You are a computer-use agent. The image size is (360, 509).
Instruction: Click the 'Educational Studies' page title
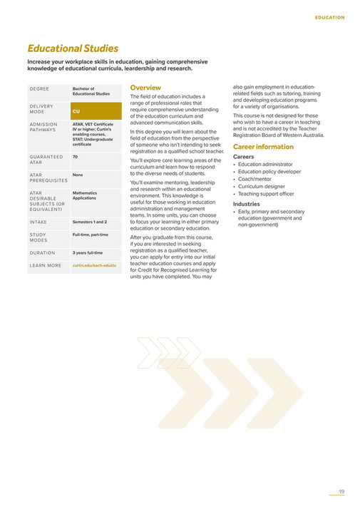click(73, 48)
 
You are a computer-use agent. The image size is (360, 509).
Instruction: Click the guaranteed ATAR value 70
click(75, 155)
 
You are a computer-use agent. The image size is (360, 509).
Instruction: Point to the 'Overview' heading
click(145, 87)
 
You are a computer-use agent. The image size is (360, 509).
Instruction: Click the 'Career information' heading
click(264, 147)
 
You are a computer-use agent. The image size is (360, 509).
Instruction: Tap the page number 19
click(341, 491)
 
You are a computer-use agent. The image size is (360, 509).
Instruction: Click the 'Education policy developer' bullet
click(269, 172)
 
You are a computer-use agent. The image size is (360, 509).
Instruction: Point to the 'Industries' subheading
click(247, 204)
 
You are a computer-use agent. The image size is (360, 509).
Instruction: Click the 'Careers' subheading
click(244, 156)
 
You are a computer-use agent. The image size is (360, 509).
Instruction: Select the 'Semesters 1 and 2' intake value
click(90, 222)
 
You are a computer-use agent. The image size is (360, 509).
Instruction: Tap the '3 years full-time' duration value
click(88, 252)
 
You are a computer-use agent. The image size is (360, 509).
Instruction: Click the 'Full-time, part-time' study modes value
click(91, 234)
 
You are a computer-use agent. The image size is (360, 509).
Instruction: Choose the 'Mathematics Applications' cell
click(85, 195)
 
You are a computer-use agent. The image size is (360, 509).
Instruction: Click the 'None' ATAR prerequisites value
click(78, 174)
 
